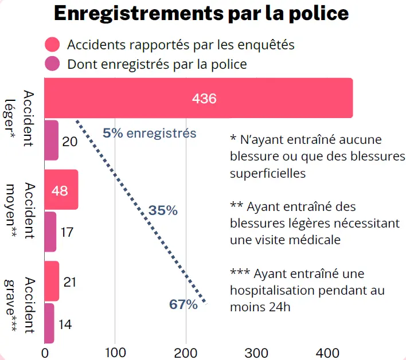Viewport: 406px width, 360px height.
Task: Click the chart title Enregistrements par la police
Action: pyautogui.click(x=201, y=14)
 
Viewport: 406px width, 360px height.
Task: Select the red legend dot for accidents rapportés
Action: pyautogui.click(x=53, y=44)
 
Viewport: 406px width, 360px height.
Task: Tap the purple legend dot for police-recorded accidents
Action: pyautogui.click(x=53, y=64)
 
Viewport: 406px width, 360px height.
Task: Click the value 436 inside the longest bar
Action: pyautogui.click(x=204, y=99)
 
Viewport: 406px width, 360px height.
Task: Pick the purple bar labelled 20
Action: pyautogui.click(x=51, y=140)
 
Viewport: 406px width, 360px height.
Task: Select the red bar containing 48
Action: pyautogui.click(x=61, y=190)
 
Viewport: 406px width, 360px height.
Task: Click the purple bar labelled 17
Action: pyautogui.click(x=50, y=232)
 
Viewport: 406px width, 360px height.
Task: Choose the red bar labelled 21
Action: pyautogui.click(x=52, y=281)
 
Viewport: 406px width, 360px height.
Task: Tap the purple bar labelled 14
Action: pyautogui.click(x=49, y=323)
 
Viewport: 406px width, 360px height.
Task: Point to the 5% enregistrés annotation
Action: pyautogui.click(x=150, y=134)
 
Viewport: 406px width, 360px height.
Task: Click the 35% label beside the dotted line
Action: pyautogui.click(x=163, y=210)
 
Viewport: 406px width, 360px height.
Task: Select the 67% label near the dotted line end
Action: pyautogui.click(x=183, y=304)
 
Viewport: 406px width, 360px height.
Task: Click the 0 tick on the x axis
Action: pyautogui.click(x=44, y=351)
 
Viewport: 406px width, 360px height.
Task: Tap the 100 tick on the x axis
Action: pyautogui.click(x=115, y=351)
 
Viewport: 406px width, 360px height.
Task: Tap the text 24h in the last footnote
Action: pyautogui.click(x=278, y=307)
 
